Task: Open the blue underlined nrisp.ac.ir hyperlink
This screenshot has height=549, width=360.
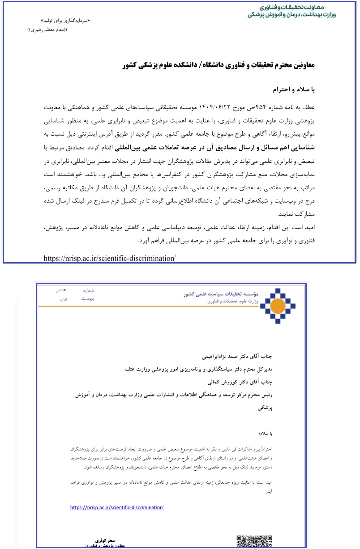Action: coord(117,507)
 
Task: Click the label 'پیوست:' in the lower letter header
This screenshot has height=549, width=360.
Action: coord(88,298)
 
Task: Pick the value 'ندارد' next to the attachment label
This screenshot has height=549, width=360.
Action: coord(64,299)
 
